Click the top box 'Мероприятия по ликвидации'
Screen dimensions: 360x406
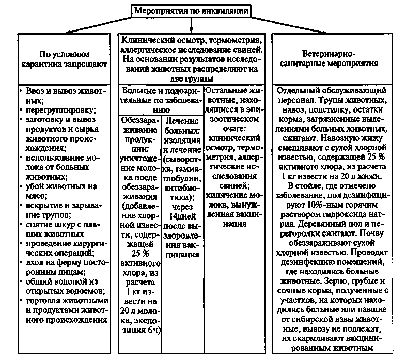(191, 10)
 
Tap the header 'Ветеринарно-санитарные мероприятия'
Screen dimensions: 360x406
(339, 59)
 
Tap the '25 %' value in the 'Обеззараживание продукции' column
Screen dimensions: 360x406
(139, 255)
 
